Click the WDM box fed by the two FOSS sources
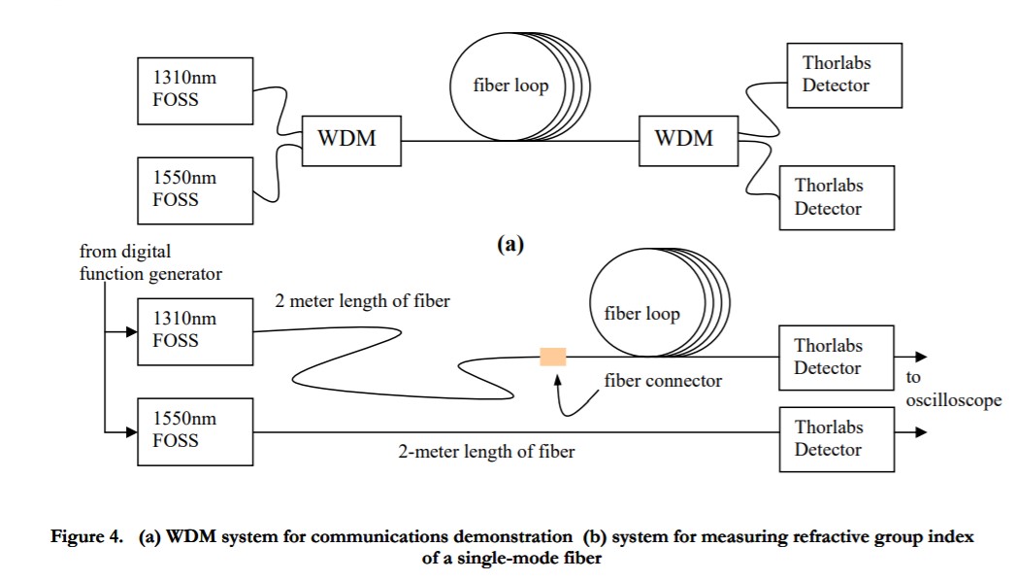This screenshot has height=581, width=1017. [345, 139]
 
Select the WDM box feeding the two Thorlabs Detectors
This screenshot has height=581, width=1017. [683, 139]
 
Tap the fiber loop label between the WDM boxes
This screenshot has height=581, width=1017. [511, 85]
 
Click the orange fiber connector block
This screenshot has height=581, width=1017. [553, 356]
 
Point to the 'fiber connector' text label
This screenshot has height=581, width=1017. [663, 381]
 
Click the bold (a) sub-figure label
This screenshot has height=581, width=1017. [510, 244]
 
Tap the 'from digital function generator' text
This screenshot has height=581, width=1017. [150, 262]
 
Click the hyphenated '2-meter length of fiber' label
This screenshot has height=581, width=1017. [486, 451]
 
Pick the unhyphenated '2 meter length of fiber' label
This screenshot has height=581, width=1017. [362, 301]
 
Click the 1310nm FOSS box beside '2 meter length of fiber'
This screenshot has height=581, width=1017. [196, 330]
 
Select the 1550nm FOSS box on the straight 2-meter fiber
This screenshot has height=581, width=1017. [196, 430]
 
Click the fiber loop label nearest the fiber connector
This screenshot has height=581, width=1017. [642, 314]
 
